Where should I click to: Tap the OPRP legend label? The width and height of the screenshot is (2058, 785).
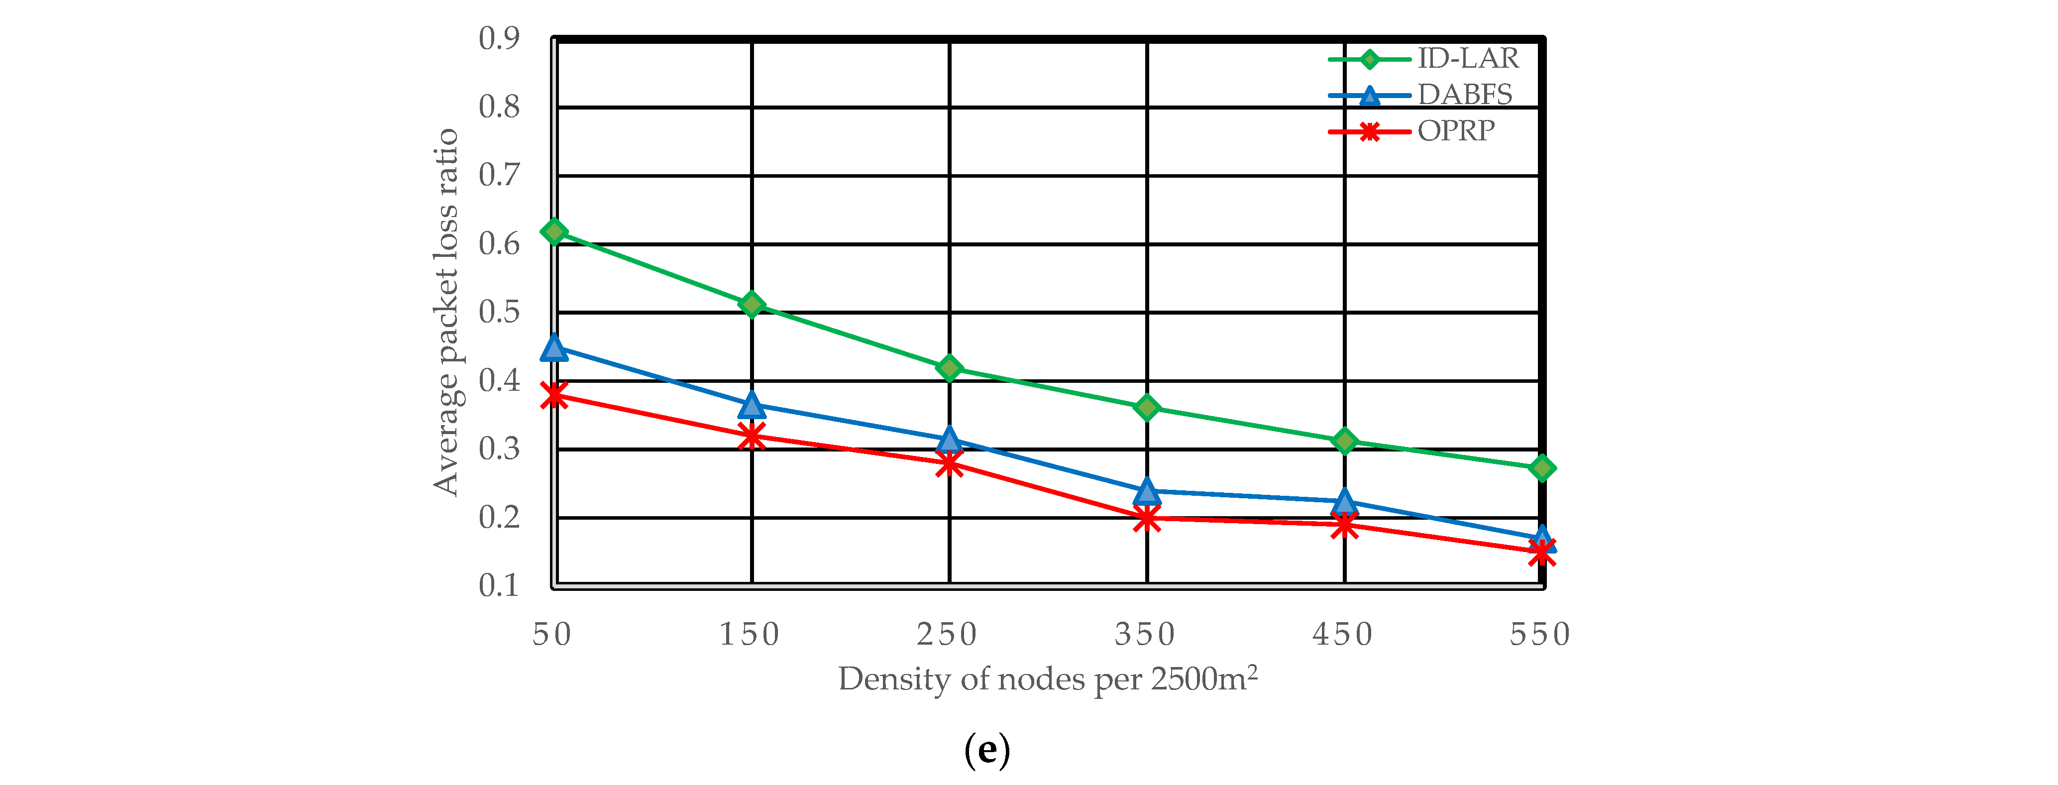tap(1456, 131)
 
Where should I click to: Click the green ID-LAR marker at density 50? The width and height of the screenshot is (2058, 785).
tap(553, 232)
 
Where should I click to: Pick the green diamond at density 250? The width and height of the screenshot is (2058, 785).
tap(949, 368)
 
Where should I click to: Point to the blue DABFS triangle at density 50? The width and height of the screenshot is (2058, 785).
tap(553, 348)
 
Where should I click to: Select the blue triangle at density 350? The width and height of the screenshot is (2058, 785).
tap(1146, 491)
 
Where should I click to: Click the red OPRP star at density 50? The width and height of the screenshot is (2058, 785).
tap(553, 395)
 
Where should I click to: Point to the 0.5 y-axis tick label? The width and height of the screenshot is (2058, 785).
tap(499, 312)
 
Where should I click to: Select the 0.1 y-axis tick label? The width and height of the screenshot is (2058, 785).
tap(499, 586)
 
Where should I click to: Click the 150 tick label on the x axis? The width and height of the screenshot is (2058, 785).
tap(750, 635)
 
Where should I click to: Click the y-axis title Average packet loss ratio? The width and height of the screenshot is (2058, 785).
tap(446, 312)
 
